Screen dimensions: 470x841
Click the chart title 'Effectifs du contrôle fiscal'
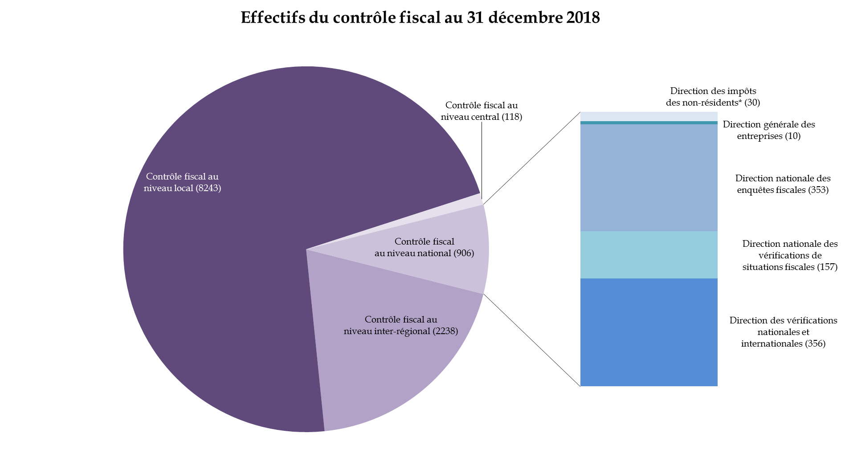tap(420, 17)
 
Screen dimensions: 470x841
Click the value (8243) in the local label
tap(208, 188)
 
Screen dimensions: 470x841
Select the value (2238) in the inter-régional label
tap(445, 331)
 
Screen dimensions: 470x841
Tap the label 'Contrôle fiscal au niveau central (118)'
tap(482, 111)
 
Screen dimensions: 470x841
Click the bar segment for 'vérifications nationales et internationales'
tap(649, 332)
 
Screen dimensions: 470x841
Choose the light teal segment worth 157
tap(649, 254)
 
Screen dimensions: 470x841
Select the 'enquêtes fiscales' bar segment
tap(649, 177)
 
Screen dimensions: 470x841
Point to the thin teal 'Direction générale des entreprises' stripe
tap(649, 123)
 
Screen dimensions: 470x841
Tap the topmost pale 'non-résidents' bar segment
tap(649, 116)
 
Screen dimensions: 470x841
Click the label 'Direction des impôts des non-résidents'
tap(713, 97)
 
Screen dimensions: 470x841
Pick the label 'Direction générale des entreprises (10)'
tap(768, 130)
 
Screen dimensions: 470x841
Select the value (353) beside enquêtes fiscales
tap(818, 190)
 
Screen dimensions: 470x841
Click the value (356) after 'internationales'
tap(815, 343)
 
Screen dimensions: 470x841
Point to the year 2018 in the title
tap(583, 17)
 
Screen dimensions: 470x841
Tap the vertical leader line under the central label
tap(482, 160)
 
